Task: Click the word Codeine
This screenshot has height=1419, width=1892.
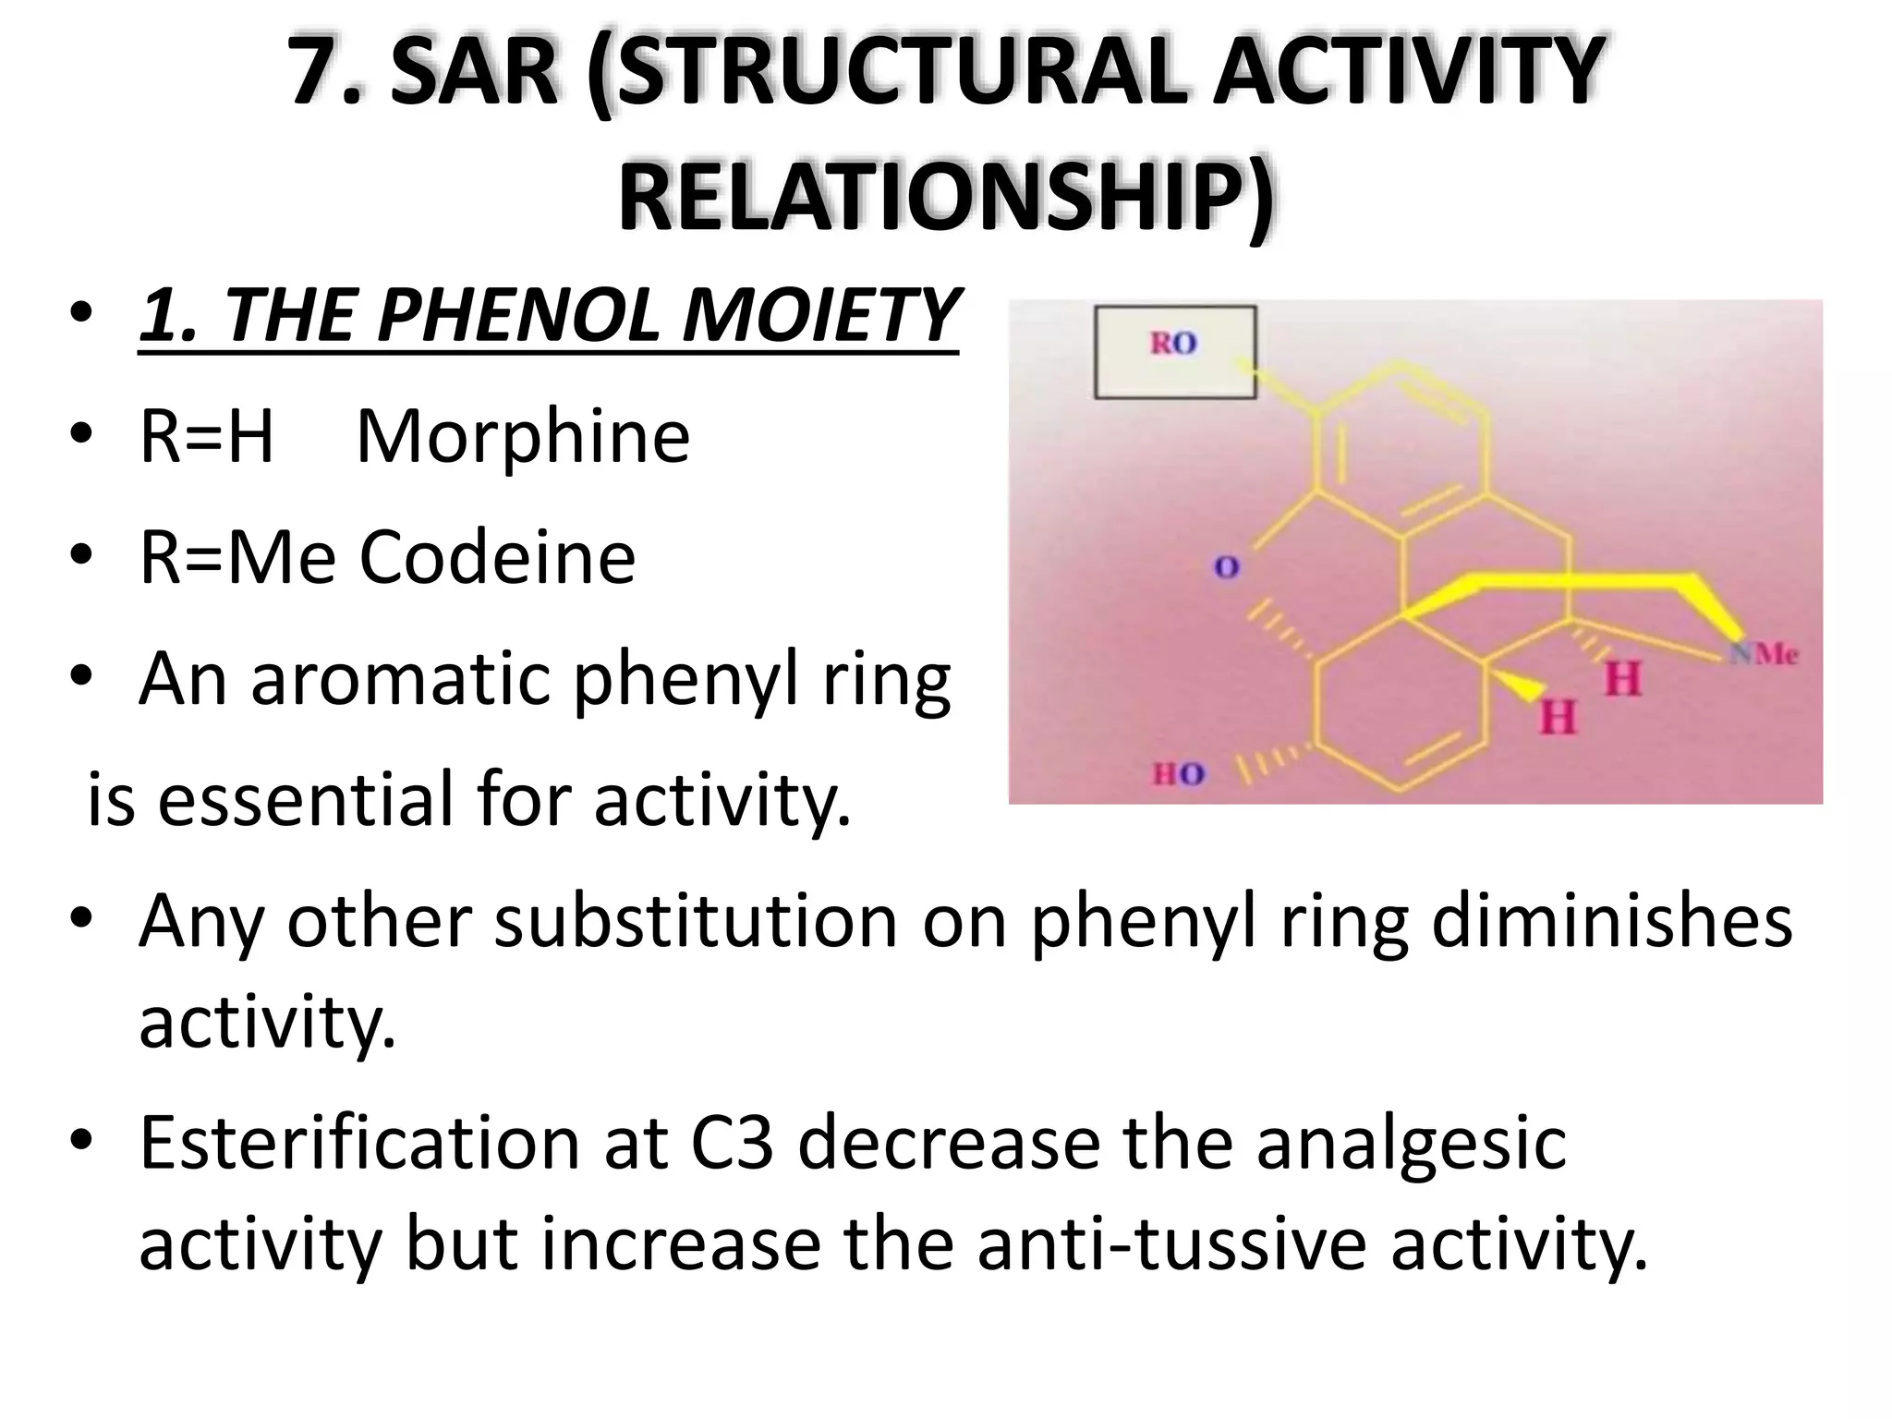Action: pos(497,557)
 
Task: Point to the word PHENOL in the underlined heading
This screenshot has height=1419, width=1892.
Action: pos(521,315)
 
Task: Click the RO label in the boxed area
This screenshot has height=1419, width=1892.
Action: pos(1173,344)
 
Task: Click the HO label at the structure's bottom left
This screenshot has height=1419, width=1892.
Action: pos(1178,774)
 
